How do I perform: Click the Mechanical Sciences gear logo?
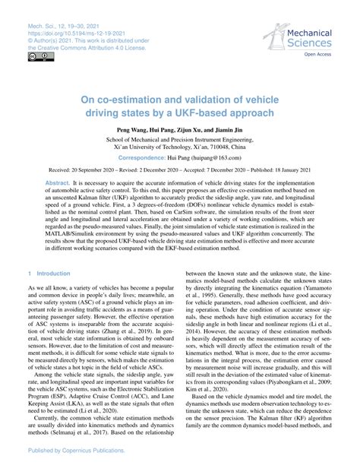point(277,34)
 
